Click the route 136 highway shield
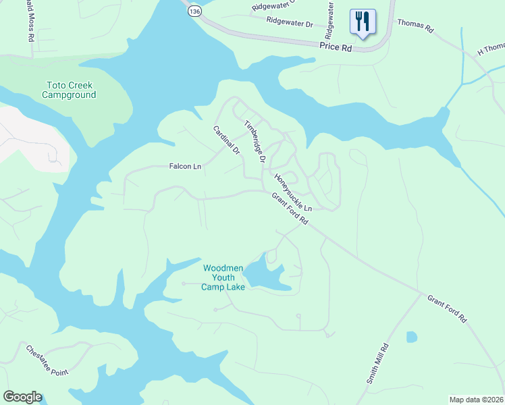[194, 11]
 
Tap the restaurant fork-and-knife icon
[363, 22]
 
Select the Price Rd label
[336, 49]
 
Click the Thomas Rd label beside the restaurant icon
[415, 24]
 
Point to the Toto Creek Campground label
[69, 90]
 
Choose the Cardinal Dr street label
[227, 140]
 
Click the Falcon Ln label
[186, 166]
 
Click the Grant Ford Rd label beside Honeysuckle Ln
[290, 209]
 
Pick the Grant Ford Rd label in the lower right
[447, 308]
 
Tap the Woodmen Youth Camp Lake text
[219, 277]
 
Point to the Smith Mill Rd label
[378, 364]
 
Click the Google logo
[22, 397]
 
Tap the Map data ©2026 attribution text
[476, 400]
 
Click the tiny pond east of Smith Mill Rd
[411, 336]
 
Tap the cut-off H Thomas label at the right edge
[491, 49]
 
